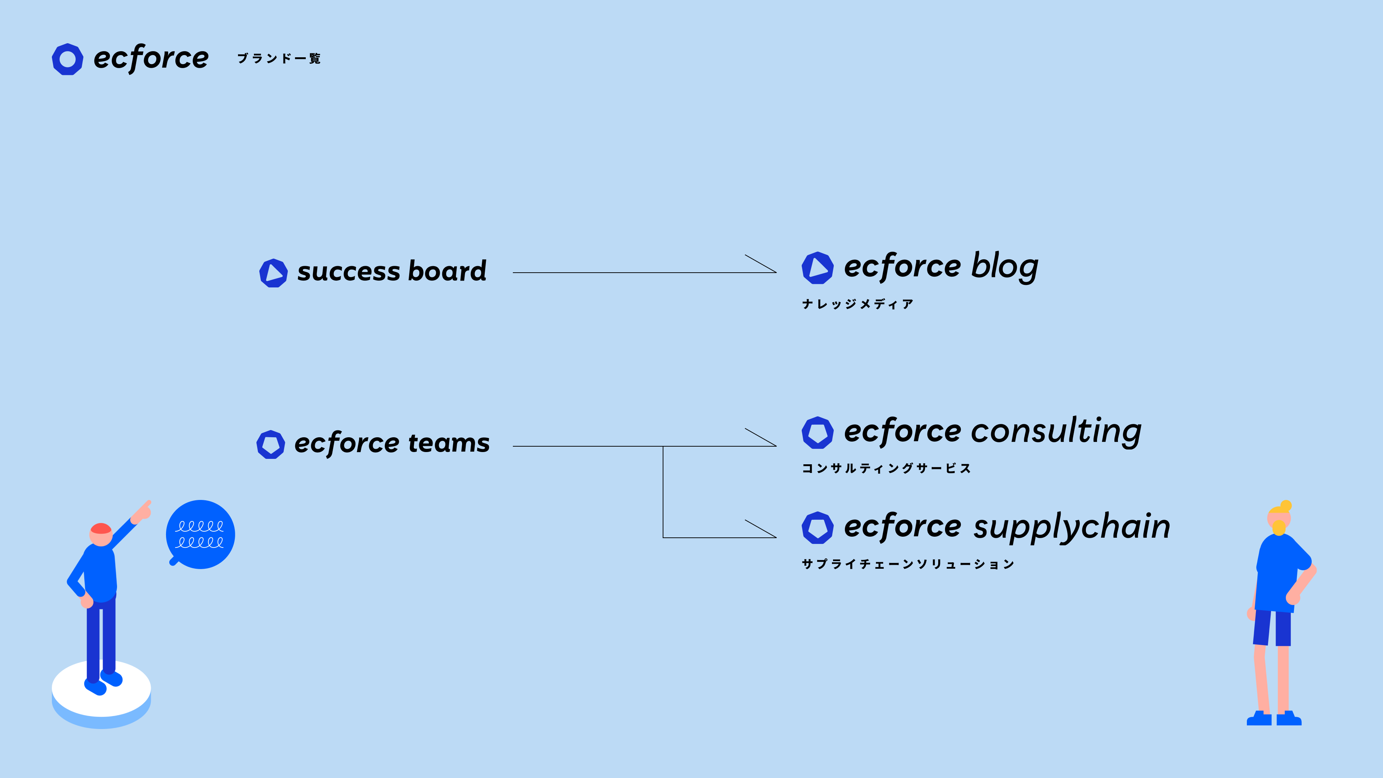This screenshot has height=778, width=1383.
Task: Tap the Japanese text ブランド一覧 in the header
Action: [279, 58]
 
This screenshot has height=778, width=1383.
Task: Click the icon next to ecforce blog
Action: [817, 268]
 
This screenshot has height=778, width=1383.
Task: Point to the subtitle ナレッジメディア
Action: [858, 304]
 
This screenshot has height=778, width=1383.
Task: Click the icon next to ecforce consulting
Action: [817, 432]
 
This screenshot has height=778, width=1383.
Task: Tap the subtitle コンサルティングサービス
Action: [886, 468]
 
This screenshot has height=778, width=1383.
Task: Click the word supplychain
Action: [1071, 526]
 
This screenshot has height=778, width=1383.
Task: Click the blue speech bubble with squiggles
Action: [200, 534]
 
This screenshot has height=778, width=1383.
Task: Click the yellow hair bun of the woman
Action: [1285, 506]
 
